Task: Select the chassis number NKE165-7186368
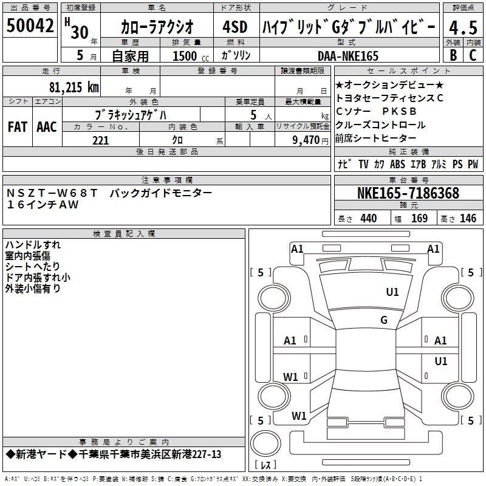click(408, 194)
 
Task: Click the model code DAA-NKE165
click(348, 56)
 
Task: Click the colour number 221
click(100, 140)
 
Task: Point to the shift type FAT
click(17, 126)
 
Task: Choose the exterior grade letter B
click(453, 56)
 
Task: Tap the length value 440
click(368, 218)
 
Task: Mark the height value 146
click(468, 218)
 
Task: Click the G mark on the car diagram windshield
click(383, 320)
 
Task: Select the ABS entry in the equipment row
click(397, 165)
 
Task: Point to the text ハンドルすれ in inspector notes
click(33, 245)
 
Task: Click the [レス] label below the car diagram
click(266, 465)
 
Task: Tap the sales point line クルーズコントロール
click(380, 125)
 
